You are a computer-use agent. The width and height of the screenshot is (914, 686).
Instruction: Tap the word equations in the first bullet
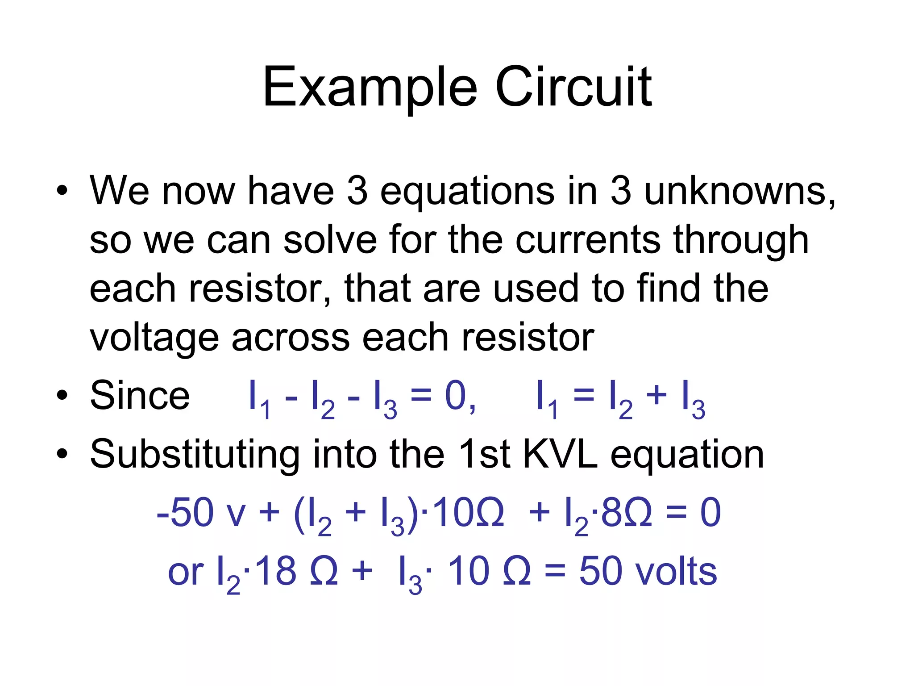[x=467, y=192]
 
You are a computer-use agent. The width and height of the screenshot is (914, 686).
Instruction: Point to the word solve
[x=330, y=240]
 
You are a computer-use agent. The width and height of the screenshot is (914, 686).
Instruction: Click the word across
[x=291, y=338]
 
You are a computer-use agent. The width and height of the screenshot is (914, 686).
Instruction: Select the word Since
[x=140, y=396]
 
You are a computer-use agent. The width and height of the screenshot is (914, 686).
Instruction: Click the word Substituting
[x=195, y=455]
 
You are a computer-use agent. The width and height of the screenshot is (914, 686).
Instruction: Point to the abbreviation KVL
[x=560, y=454]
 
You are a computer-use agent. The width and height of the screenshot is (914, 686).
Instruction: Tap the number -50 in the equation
[x=185, y=513]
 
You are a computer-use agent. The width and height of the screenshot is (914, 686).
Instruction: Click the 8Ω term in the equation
[x=626, y=513]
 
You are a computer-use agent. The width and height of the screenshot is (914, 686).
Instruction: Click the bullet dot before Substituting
[x=62, y=454]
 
